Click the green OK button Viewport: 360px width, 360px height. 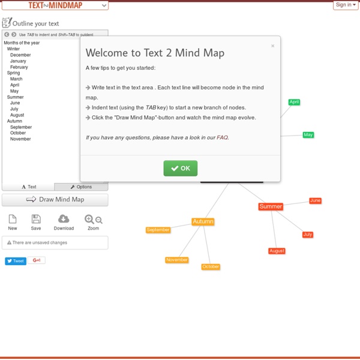[180, 168]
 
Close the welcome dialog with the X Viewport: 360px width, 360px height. [272, 46]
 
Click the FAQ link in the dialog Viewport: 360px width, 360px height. [222, 137]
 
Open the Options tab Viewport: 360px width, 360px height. [81, 187]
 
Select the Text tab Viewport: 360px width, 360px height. [28, 187]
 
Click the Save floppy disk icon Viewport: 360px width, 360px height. [36, 219]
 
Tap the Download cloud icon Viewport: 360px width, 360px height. [64, 219]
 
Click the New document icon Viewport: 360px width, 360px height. [13, 219]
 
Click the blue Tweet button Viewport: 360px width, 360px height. [16, 261]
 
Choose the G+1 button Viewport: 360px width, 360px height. [37, 260]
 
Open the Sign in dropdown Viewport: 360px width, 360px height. [346, 5]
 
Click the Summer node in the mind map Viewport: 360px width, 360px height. [271, 206]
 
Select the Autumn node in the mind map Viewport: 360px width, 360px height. [203, 221]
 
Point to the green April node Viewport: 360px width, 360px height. [294, 102]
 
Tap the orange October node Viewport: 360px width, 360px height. [211, 266]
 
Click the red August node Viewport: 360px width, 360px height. [277, 251]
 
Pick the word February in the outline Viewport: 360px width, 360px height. [19, 67]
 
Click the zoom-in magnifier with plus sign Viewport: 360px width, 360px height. [89, 219]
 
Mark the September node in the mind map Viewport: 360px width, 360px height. [158, 230]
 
